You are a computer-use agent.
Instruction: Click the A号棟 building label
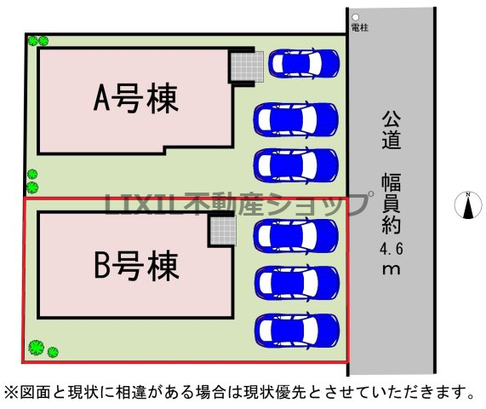pyautogui.click(x=136, y=98)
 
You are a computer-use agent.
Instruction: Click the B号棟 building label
pyautogui.click(x=137, y=266)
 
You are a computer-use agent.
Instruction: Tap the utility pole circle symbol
pyautogui.click(x=356, y=17)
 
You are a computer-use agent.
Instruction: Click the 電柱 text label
pyautogui.click(x=360, y=27)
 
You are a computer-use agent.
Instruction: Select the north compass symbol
pyautogui.click(x=468, y=205)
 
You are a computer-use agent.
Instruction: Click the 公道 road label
pyautogui.click(x=392, y=130)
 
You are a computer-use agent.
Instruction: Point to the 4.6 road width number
pyautogui.click(x=392, y=249)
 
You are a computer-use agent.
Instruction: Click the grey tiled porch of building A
pyautogui.click(x=248, y=66)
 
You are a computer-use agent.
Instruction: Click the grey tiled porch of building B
pyautogui.click(x=223, y=230)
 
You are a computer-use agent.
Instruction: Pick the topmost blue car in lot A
pyautogui.click(x=304, y=64)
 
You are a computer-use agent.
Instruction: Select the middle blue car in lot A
pyautogui.click(x=295, y=119)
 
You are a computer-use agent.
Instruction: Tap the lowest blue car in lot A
pyautogui.click(x=295, y=165)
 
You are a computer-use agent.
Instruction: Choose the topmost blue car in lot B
pyautogui.click(x=295, y=235)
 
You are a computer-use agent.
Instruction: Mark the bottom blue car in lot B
pyautogui.click(x=296, y=330)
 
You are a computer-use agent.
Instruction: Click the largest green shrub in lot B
pyautogui.click(x=37, y=348)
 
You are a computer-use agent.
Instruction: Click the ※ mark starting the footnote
pyautogui.click(x=11, y=392)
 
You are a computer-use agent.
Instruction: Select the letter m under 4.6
pyautogui.click(x=392, y=268)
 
